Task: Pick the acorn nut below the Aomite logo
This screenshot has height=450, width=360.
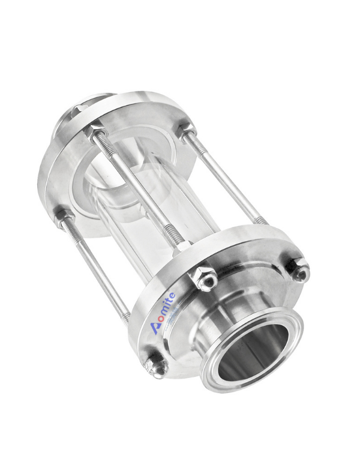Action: tap(157, 362)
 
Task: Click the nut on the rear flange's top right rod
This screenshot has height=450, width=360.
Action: tap(185, 129)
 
